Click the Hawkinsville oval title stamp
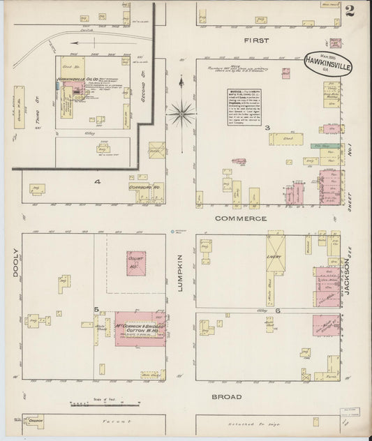click(329, 65)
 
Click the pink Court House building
click(135, 262)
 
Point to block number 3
click(267, 127)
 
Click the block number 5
click(96, 309)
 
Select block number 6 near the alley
click(277, 309)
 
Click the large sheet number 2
click(349, 10)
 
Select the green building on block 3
click(321, 146)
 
